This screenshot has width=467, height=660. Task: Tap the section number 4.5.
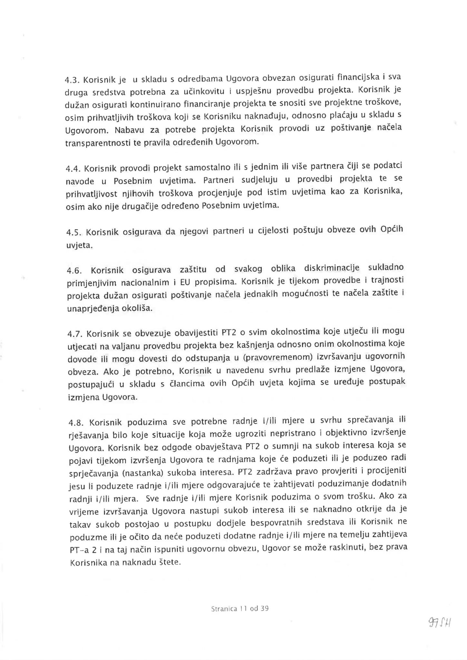73,232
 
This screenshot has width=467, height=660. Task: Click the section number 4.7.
74,333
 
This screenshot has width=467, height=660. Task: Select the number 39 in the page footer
265,609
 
